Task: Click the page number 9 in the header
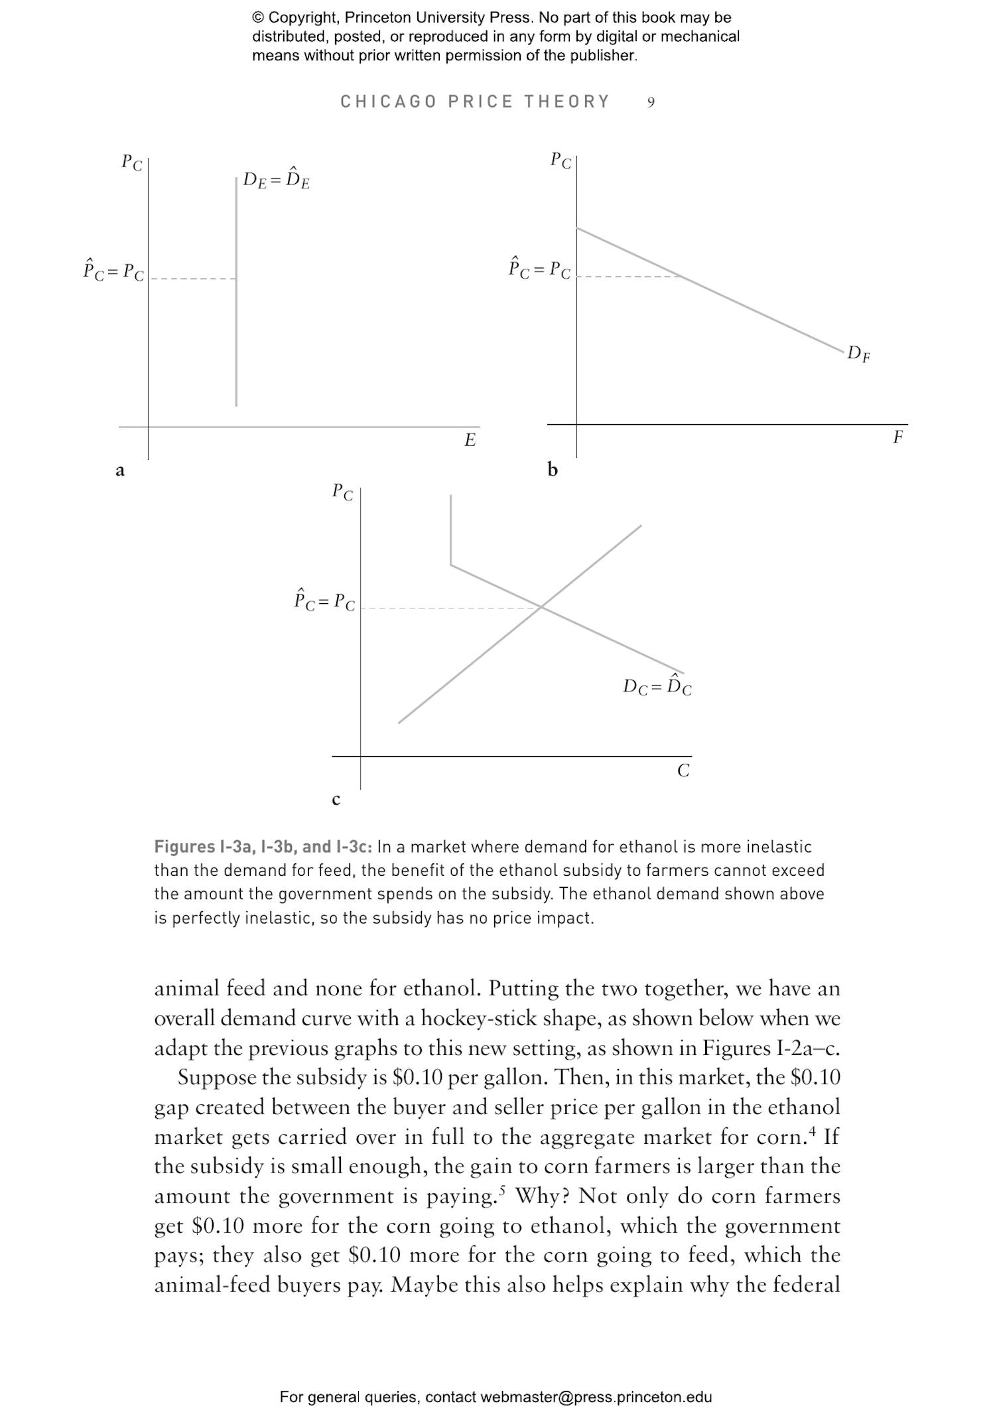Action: click(651, 102)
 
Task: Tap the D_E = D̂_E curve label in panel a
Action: click(276, 180)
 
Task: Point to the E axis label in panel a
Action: click(470, 440)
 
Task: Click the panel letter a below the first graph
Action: click(120, 470)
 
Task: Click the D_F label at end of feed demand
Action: click(858, 354)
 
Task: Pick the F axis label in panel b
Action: click(897, 437)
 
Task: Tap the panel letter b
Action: click(553, 470)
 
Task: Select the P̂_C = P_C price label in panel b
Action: click(539, 269)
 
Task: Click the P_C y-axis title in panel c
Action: click(342, 492)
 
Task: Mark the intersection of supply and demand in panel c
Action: click(542, 606)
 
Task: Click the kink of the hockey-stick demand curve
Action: click(451, 565)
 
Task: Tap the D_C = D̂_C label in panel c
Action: click(657, 686)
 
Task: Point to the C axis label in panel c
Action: click(683, 770)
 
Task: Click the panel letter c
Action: click(336, 800)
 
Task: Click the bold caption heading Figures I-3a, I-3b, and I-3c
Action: click(263, 847)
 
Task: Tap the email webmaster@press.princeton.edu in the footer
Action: click(596, 1397)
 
